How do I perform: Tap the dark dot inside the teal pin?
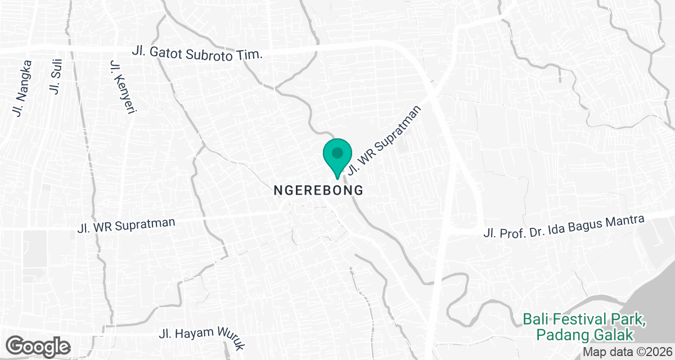(x=337, y=152)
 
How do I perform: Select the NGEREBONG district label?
(x=318, y=191)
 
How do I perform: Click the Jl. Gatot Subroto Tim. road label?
(x=197, y=52)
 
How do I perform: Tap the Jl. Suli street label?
(x=57, y=79)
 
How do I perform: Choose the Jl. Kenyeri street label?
(x=123, y=87)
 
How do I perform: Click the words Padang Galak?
(x=585, y=335)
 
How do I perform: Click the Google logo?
(x=38, y=345)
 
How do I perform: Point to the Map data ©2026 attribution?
(x=628, y=352)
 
